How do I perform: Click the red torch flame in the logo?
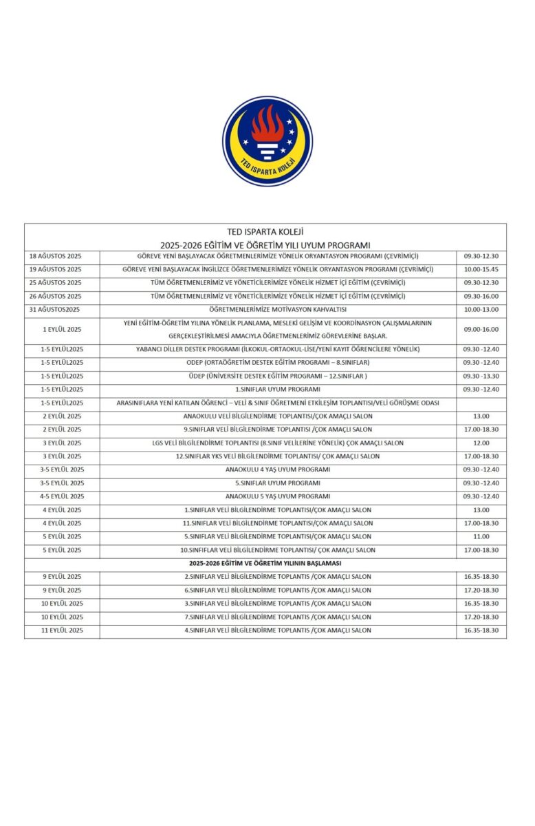(267, 125)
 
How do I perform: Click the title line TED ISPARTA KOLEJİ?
(265, 232)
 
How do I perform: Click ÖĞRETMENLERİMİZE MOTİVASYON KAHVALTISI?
(277, 309)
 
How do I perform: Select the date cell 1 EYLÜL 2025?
(62, 329)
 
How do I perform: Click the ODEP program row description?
(278, 362)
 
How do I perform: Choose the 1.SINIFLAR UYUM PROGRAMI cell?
(278, 389)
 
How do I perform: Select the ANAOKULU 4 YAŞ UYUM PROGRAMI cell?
(278, 469)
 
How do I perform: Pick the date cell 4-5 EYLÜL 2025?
(62, 496)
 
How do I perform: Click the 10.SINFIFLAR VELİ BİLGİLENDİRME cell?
(278, 550)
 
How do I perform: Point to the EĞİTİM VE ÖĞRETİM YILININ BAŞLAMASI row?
(265, 563)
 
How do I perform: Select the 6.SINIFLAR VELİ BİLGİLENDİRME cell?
(278, 590)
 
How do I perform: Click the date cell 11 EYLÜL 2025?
(62, 630)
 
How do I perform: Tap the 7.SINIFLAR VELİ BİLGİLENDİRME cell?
(278, 617)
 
